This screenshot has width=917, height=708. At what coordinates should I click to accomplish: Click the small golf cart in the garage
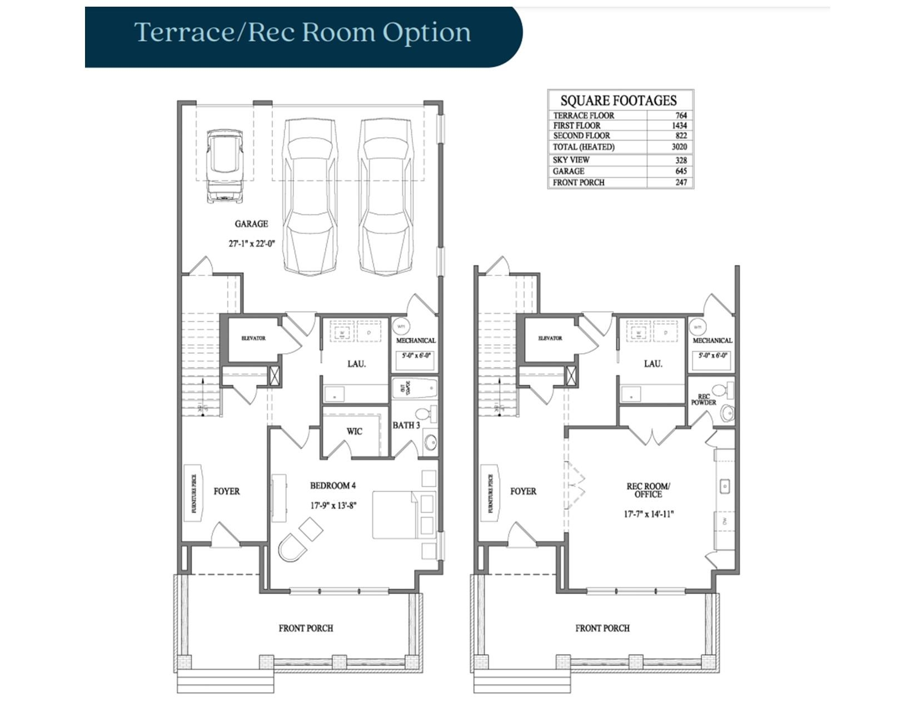[225, 165]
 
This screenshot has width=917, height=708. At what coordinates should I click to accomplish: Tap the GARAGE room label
[251, 224]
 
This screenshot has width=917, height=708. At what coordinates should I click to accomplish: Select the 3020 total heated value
[679, 147]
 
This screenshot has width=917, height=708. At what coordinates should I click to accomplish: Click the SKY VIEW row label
[571, 160]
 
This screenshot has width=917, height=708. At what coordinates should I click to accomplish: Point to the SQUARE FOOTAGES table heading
[619, 101]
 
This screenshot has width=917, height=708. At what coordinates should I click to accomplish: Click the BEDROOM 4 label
[333, 486]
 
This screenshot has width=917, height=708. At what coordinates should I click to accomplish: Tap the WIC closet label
[354, 431]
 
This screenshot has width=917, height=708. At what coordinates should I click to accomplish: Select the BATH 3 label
[406, 425]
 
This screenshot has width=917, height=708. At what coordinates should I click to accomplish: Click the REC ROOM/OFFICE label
[648, 490]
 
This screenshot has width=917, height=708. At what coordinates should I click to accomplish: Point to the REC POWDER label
[703, 400]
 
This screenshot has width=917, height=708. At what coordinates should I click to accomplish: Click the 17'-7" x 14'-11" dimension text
[648, 514]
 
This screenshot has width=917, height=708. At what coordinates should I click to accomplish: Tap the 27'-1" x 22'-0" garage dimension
[252, 243]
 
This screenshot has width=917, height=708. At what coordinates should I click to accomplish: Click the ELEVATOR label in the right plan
[550, 338]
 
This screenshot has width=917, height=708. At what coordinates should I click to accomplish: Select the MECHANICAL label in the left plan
[416, 340]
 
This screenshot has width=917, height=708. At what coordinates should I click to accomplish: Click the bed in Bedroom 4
[395, 515]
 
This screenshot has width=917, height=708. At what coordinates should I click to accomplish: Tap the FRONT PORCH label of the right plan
[602, 628]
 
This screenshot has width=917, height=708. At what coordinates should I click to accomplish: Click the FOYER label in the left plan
[227, 491]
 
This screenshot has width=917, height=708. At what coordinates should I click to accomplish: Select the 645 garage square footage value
[681, 171]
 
